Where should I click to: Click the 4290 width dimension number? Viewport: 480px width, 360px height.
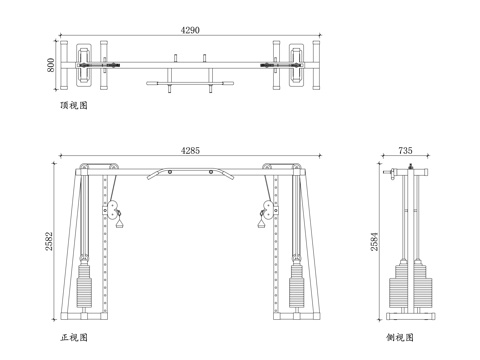190,31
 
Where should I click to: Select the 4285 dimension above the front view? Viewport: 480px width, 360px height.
190,150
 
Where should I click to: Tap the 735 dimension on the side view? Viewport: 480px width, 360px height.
405,150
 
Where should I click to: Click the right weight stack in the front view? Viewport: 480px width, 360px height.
296,285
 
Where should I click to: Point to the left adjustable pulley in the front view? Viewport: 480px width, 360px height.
112,209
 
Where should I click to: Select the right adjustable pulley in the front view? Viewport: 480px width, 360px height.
267,209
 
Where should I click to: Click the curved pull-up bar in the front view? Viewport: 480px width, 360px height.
190,171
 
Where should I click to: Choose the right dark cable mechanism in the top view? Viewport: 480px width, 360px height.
275,67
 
